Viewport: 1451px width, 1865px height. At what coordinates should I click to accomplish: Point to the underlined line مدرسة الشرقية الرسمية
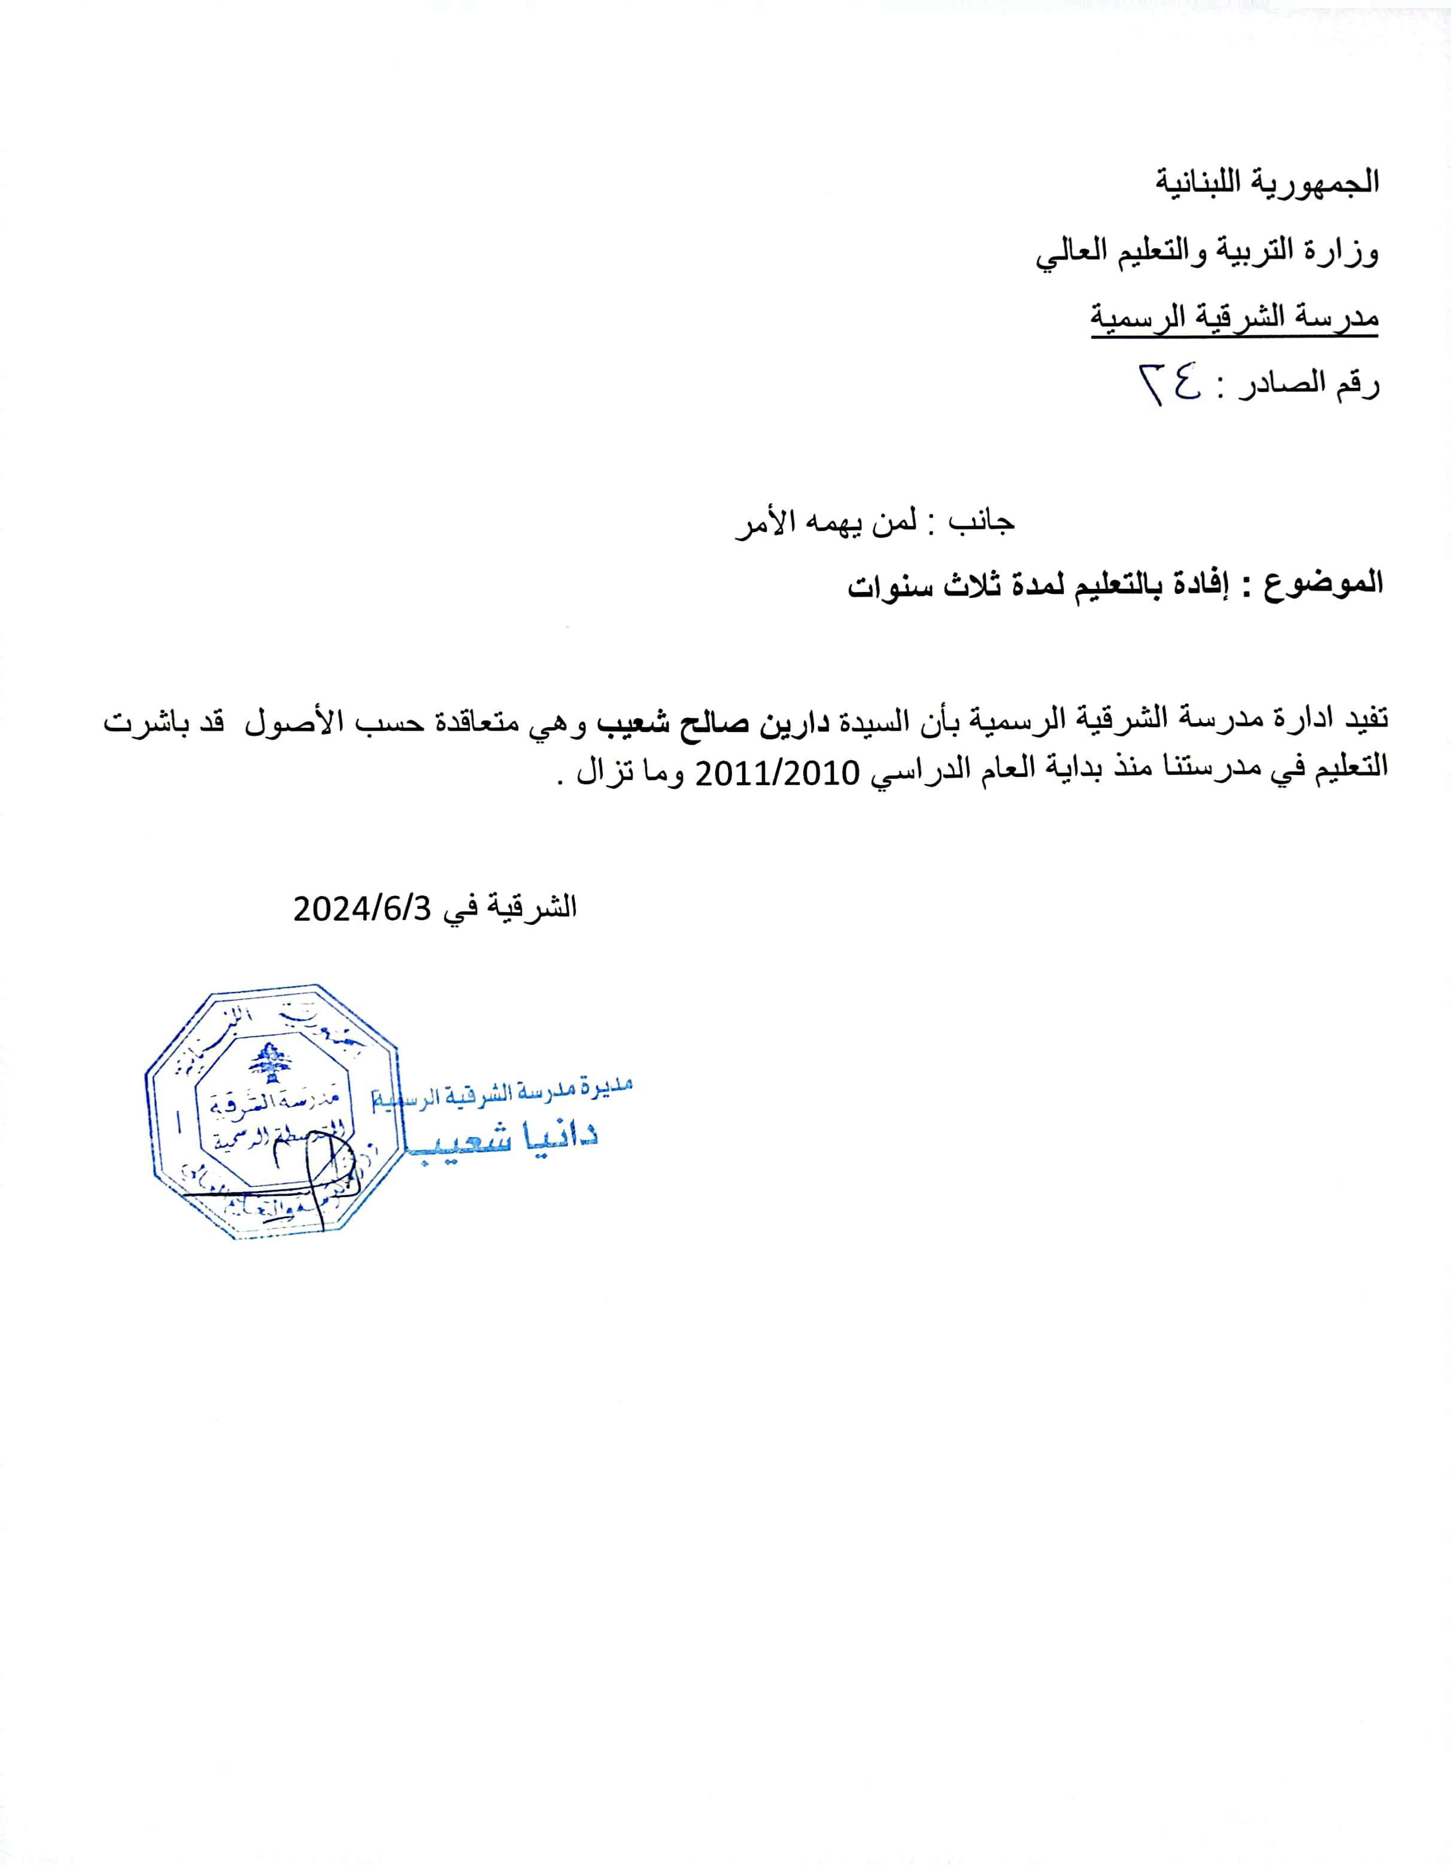(1234, 318)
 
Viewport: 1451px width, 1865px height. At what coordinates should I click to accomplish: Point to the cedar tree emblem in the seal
(271, 1061)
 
